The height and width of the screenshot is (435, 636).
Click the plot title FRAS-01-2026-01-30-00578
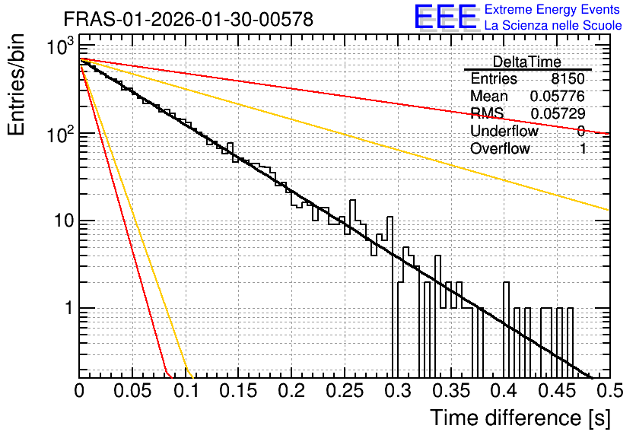tap(189, 19)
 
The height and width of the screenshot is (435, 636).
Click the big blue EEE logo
tap(446, 17)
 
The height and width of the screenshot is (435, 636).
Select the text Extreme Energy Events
tap(552, 9)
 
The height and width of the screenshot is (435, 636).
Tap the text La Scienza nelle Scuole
tap(553, 25)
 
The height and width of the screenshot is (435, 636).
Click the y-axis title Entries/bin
tap(16, 84)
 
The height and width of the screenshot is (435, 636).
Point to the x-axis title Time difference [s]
tap(520, 418)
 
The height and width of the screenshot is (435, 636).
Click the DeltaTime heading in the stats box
tap(527, 62)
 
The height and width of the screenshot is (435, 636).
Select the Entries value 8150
tap(568, 78)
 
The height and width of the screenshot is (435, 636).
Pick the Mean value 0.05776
tap(558, 96)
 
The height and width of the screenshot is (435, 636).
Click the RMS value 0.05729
tap(558, 113)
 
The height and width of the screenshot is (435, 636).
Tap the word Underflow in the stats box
tap(504, 131)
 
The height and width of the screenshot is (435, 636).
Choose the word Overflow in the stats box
tap(500, 148)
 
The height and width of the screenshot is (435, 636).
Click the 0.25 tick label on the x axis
tap(345, 391)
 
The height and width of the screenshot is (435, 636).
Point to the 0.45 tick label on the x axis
tap(557, 391)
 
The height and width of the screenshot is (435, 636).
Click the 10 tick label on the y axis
tap(64, 221)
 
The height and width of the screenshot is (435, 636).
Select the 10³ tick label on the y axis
tap(61, 46)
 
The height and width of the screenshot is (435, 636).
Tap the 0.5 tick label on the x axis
tap(609, 391)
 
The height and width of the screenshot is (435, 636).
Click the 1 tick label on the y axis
tap(69, 308)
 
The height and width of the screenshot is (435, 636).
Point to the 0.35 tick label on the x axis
tap(450, 391)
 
